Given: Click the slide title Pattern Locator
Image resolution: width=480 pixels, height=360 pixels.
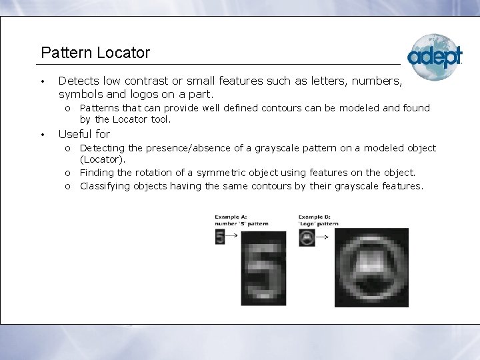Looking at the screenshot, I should coord(95,52).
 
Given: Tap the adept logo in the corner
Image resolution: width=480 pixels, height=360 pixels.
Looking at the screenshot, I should coord(435,56).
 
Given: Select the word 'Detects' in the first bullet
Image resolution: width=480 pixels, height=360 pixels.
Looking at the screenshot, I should coord(79,81).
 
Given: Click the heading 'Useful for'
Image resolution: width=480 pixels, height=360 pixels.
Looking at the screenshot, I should coord(84,134).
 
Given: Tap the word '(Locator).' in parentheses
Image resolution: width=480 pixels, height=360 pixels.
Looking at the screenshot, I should coord(102,160).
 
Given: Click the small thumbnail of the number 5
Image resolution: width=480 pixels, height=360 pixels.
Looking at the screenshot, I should coord(220,237).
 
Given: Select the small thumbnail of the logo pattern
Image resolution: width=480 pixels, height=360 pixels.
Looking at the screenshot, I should coord(307,237).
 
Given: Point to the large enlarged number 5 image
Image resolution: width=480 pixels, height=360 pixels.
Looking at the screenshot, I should coord(265,267).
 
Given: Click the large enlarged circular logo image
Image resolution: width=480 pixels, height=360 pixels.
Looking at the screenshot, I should coord(371,267).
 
